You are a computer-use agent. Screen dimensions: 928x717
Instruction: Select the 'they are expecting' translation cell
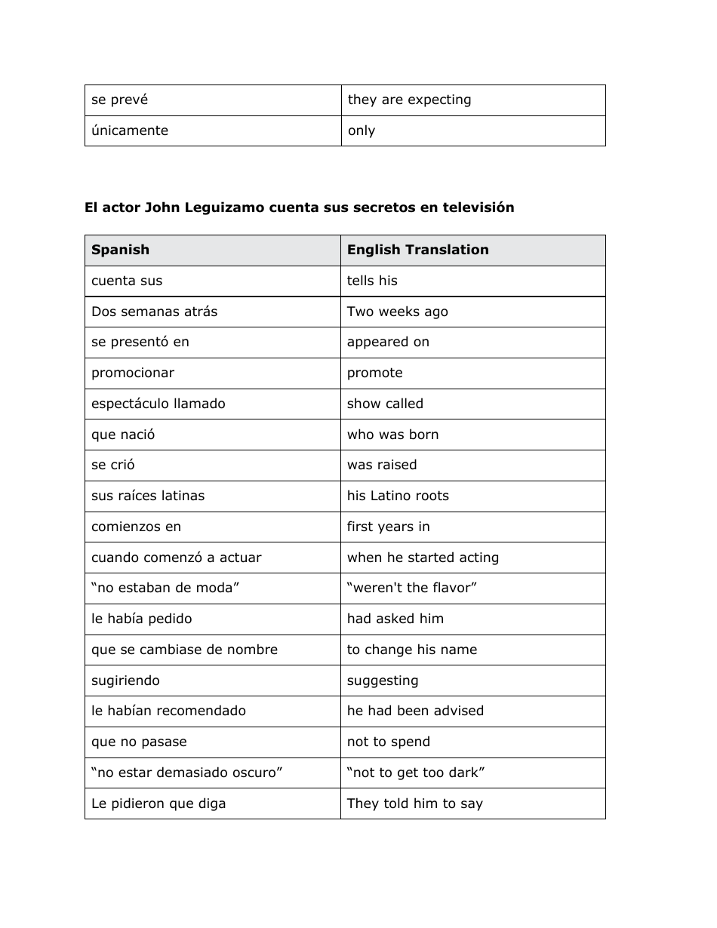coord(409,100)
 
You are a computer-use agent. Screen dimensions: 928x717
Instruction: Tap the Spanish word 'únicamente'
coord(130,131)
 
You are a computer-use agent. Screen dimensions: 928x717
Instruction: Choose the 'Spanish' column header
coord(120,250)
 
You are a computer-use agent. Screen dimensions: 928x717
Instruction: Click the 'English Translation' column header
coord(417,250)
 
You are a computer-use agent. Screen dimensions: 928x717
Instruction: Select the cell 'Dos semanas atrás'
coord(154,312)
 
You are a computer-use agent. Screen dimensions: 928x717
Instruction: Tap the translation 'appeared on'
coord(388,342)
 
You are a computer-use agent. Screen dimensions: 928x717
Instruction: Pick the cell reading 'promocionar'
coord(133,373)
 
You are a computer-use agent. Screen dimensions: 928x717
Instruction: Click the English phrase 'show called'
coord(385,404)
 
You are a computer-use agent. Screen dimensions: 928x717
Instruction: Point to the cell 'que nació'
coord(123,435)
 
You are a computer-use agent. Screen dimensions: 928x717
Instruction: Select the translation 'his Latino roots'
coord(398,496)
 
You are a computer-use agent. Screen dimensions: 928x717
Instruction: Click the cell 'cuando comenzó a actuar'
coord(176,558)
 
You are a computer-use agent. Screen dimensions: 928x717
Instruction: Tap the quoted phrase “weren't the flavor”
coord(412,588)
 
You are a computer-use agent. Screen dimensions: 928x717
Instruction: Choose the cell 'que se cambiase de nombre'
coord(184,650)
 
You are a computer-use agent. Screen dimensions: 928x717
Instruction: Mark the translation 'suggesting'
coord(382,681)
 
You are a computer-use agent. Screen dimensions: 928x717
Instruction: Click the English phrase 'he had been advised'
coord(415,711)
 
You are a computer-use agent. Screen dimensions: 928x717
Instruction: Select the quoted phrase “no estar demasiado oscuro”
coord(186,773)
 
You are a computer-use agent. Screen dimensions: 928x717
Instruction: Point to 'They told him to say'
coord(414,804)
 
